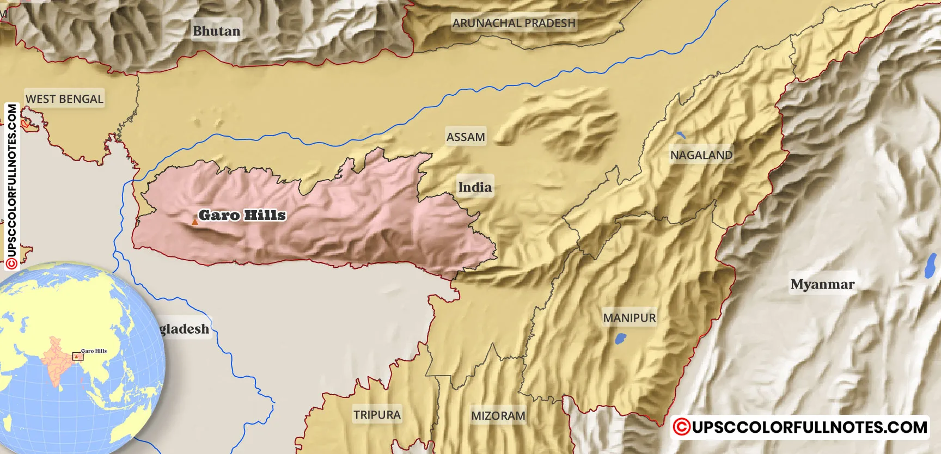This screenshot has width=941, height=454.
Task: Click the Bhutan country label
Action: tap(216, 31)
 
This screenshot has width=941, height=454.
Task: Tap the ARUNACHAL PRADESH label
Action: tap(514, 23)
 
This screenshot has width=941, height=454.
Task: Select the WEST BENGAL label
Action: tap(64, 99)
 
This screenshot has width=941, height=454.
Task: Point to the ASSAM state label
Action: tap(466, 137)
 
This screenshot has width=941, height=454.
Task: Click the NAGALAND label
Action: tap(701, 155)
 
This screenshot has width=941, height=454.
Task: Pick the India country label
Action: tap(475, 187)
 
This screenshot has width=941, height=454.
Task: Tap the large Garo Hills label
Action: tap(242, 215)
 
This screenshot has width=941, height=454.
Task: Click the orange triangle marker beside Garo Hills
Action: tap(194, 222)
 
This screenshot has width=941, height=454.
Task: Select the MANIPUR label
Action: tap(629, 318)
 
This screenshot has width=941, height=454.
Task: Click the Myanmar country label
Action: tap(822, 284)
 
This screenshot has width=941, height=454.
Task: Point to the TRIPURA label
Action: tap(377, 415)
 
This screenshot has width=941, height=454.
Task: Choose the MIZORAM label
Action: tap(498, 416)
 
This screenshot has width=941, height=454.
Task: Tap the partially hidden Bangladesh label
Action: tap(184, 329)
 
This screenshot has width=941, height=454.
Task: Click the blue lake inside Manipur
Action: tap(620, 339)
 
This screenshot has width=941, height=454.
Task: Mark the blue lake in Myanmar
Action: tap(930, 266)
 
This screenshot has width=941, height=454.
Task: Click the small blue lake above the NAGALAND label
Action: tap(681, 134)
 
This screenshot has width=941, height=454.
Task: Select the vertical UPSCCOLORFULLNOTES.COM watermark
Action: tap(11, 187)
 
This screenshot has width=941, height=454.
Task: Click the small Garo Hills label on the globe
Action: tap(94, 351)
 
